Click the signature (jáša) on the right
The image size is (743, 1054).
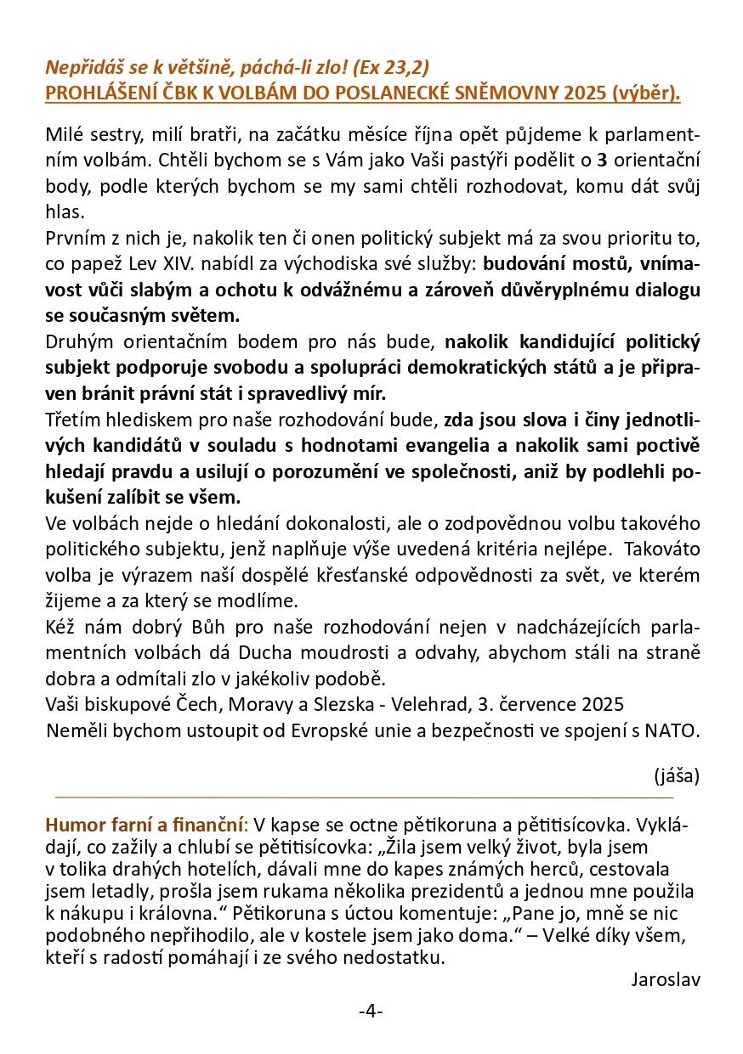click(x=677, y=775)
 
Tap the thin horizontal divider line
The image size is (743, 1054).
click(x=364, y=798)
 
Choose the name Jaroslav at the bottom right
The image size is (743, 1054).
click(x=666, y=979)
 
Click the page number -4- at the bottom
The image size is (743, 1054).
click(x=371, y=1011)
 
